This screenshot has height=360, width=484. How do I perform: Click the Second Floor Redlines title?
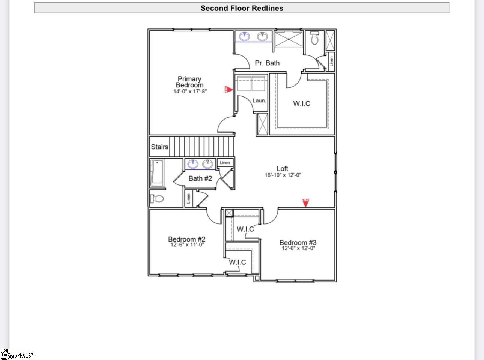point(242,8)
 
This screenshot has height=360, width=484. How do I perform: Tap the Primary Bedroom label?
point(189,82)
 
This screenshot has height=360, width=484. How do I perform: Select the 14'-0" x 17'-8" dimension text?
point(190,91)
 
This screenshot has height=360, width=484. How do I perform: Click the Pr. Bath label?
point(267,63)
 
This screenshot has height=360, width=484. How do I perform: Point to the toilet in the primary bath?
point(314,38)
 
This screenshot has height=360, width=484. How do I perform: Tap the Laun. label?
point(259,100)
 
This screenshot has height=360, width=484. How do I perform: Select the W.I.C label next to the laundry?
point(302,103)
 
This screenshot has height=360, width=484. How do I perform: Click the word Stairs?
point(159,147)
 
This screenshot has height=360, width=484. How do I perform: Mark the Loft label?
point(283,169)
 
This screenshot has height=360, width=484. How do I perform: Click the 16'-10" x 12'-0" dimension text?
point(283,175)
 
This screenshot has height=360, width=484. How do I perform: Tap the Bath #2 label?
point(200,178)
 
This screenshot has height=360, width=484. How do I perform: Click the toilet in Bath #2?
point(158,198)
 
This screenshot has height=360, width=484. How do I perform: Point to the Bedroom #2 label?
point(186,239)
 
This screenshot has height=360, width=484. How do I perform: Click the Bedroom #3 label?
point(298,243)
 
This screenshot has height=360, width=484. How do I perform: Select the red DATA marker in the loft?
point(306,203)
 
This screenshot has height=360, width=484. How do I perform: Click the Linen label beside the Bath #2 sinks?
point(225,163)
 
